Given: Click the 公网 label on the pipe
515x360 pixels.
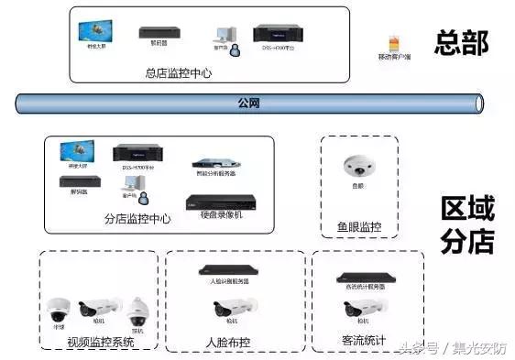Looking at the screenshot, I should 249,102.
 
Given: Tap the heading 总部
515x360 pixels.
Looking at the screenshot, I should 461,43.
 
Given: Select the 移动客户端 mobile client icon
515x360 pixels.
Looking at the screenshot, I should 394,43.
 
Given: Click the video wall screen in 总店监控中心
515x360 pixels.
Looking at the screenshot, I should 95,31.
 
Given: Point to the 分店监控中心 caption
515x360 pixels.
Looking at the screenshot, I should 137,220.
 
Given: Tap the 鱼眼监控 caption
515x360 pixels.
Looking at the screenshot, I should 359,226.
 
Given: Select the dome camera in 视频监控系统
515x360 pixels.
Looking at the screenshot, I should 58,310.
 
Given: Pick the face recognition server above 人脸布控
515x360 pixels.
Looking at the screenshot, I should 228,269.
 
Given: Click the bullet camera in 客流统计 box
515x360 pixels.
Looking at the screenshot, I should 361,309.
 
